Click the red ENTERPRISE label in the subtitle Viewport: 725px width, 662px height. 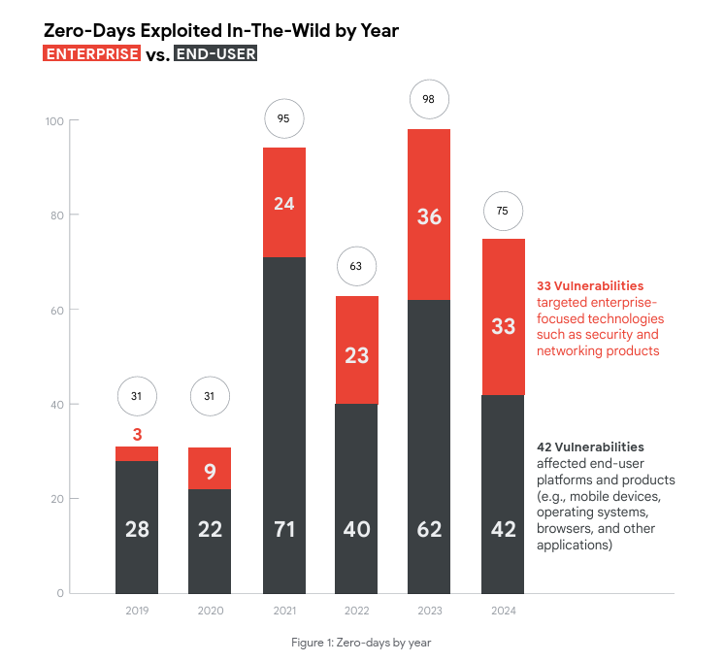click(92, 54)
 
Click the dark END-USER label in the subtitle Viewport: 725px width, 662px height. click(215, 54)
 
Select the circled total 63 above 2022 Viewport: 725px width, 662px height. click(356, 265)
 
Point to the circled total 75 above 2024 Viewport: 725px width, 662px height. click(503, 211)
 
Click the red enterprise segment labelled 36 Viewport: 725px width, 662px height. click(428, 215)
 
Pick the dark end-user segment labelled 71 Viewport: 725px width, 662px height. click(284, 529)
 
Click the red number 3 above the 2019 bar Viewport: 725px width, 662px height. click(137, 433)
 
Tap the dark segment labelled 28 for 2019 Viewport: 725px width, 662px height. click(137, 529)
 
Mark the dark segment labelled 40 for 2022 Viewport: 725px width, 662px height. click(356, 529)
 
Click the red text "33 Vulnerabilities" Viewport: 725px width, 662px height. click(589, 286)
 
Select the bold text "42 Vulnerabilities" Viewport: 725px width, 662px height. click(589, 447)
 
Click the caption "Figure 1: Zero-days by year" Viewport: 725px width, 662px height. click(361, 643)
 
